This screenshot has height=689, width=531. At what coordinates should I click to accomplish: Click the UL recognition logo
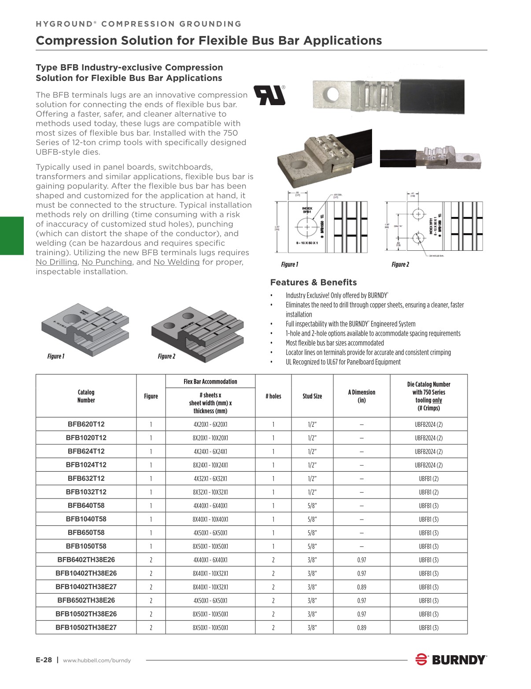(269, 95)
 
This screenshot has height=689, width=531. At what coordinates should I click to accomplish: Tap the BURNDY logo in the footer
(451, 660)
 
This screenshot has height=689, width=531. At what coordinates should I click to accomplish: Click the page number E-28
(44, 660)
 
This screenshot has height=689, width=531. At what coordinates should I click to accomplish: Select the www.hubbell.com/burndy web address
(97, 660)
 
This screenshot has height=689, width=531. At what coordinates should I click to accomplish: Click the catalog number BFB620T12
(86, 425)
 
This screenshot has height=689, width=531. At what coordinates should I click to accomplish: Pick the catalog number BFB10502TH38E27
(86, 627)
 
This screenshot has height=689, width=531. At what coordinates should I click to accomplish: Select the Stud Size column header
(312, 396)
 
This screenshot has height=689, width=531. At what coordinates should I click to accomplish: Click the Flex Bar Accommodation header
(210, 381)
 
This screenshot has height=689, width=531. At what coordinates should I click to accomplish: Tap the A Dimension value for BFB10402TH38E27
(361, 587)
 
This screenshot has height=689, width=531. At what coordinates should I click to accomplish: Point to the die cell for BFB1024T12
(428, 465)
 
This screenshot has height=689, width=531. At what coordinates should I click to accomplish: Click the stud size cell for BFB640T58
(312, 506)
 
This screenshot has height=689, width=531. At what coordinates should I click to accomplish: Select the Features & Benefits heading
(313, 282)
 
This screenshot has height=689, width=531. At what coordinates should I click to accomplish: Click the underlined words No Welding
(176, 262)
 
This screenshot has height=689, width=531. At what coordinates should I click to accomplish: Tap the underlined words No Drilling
(56, 262)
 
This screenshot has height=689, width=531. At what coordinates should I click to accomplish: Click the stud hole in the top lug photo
(332, 94)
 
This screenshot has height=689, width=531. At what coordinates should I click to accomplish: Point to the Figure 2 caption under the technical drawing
(400, 264)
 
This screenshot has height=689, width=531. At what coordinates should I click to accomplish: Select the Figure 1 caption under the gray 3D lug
(56, 356)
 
